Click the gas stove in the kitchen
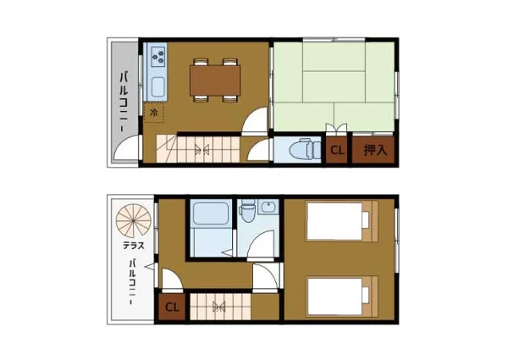[158, 57]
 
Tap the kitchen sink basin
[158, 87]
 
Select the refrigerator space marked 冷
[154, 113]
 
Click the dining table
[215, 80]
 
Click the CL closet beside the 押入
[337, 150]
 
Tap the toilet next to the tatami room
[304, 149]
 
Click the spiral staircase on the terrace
[134, 221]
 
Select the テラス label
[134, 246]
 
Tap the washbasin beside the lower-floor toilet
[268, 207]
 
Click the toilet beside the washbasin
[248, 211]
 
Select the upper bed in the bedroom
[342, 221]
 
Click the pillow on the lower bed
[366, 295]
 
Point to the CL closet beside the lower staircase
[172, 307]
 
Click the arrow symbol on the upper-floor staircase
[202, 149]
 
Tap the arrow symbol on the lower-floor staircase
[219, 307]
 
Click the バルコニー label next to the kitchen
[123, 102]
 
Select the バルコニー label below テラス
[131, 281]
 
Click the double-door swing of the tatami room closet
[337, 129]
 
